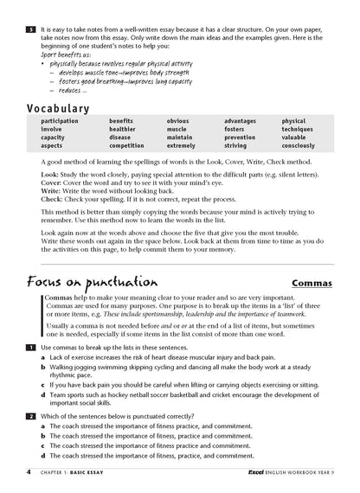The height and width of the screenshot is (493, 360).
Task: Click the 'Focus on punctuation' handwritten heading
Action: (92, 282)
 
